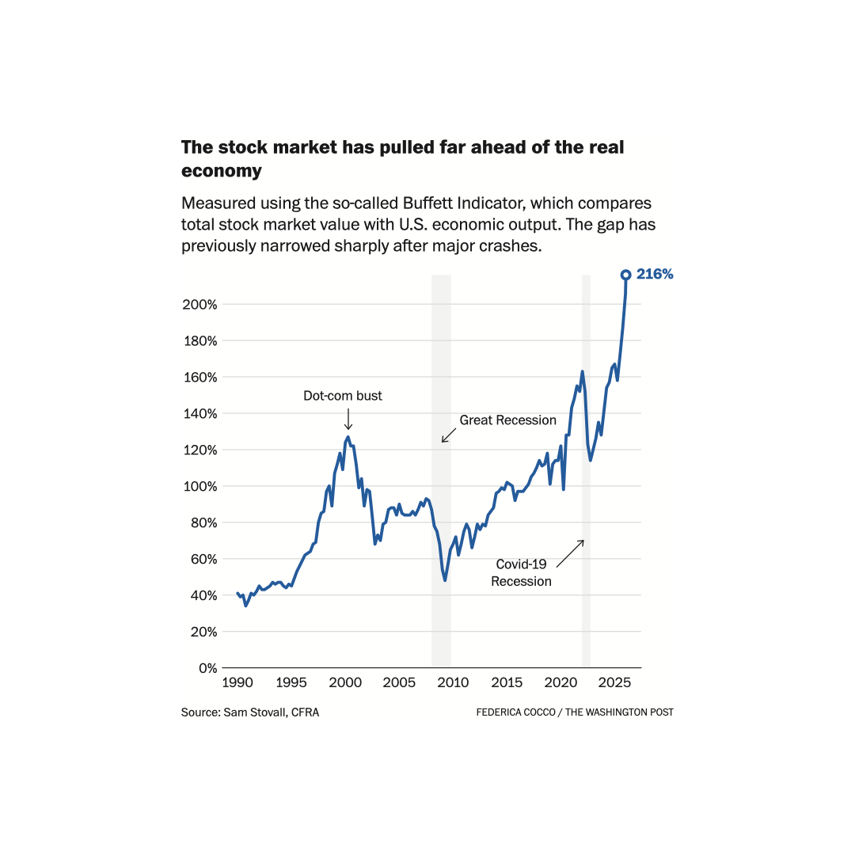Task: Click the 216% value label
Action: [x=655, y=274]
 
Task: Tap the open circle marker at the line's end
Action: [x=625, y=275]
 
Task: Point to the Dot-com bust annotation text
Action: [x=343, y=396]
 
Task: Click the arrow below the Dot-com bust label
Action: [x=348, y=420]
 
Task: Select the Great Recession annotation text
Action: [x=508, y=420]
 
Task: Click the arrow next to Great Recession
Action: [x=449, y=435]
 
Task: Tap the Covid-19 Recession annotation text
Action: [x=522, y=572]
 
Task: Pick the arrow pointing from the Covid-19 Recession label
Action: [x=570, y=553]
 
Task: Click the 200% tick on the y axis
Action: [x=201, y=305]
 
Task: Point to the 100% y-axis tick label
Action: [x=201, y=486]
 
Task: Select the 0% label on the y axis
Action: [x=207, y=668]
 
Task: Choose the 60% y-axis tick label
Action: [x=204, y=559]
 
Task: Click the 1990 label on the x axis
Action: [x=237, y=682]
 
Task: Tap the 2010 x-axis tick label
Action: [x=452, y=682]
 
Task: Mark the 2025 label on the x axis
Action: [x=614, y=682]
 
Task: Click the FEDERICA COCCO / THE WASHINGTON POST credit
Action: [x=575, y=712]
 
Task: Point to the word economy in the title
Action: [x=222, y=170]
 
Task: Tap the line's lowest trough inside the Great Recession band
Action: [x=445, y=580]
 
